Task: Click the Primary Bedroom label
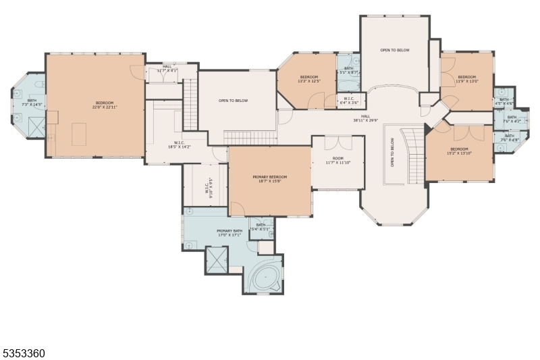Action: click(x=270, y=179)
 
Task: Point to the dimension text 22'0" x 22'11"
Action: click(x=95, y=107)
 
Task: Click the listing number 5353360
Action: click(x=24, y=353)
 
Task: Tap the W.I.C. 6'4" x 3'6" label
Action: click(x=349, y=101)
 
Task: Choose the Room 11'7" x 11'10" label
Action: click(x=338, y=161)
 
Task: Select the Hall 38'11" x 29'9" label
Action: click(x=365, y=118)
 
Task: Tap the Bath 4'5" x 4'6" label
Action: click(x=504, y=101)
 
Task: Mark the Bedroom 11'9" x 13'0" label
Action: click(x=467, y=79)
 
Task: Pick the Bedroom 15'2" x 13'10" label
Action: click(x=459, y=151)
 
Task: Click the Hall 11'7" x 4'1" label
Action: click(x=167, y=68)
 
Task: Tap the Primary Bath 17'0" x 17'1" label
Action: click(x=230, y=233)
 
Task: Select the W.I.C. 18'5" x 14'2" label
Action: click(x=179, y=145)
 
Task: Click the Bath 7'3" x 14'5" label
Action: click(x=32, y=103)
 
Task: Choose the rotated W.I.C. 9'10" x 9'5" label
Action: click(x=210, y=186)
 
